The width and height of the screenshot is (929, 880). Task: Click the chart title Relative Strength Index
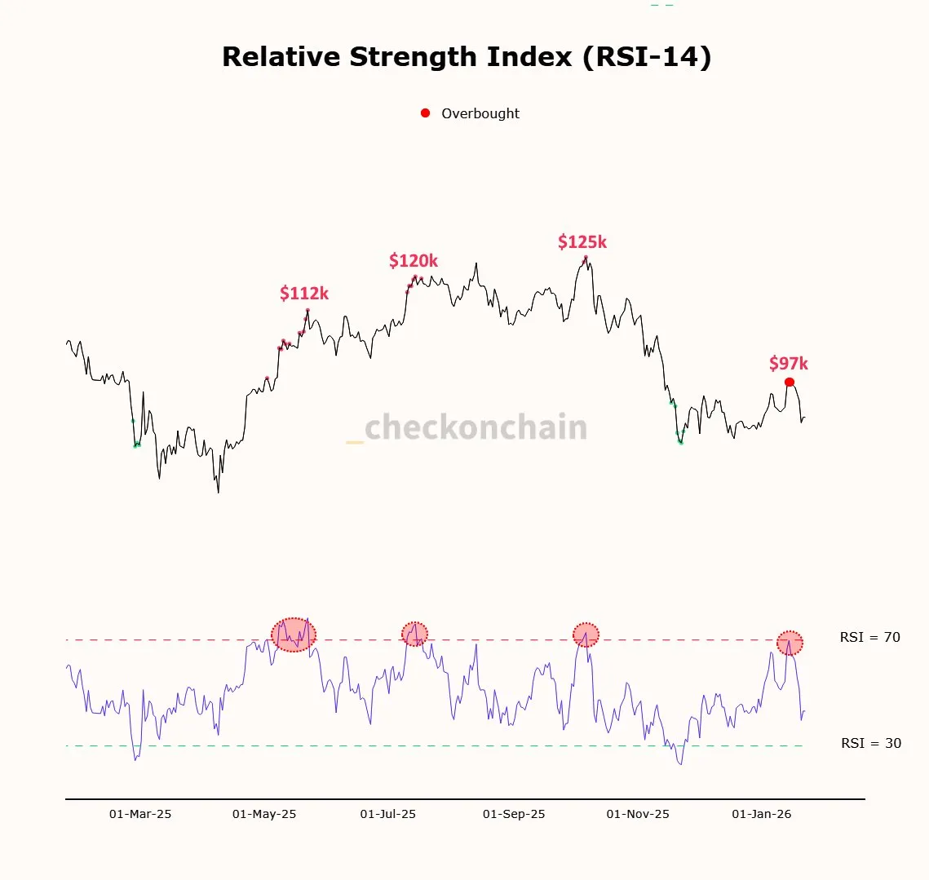467,57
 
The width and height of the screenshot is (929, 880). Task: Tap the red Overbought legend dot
425,113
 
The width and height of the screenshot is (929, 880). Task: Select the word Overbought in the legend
480,114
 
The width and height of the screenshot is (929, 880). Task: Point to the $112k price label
304,294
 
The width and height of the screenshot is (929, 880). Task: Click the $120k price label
414,261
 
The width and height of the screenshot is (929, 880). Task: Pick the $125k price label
582,242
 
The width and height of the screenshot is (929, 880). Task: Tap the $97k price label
789,364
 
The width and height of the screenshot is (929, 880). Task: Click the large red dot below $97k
789,382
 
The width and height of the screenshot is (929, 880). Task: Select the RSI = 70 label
870,638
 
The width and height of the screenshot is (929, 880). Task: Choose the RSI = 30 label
871,744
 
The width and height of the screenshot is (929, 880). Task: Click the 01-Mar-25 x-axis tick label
140,814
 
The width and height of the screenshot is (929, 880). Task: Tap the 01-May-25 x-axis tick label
264,814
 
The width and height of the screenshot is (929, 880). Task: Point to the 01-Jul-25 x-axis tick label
388,814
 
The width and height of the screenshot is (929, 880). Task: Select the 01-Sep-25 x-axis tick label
514,814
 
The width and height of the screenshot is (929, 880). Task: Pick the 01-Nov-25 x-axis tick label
638,814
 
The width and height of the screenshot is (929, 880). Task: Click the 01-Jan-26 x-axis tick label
762,814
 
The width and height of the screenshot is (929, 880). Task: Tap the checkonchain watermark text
476,427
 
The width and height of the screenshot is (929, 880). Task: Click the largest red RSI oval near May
294,635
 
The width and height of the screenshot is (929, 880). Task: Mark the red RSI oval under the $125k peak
586,635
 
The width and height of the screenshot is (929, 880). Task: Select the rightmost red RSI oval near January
790,643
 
